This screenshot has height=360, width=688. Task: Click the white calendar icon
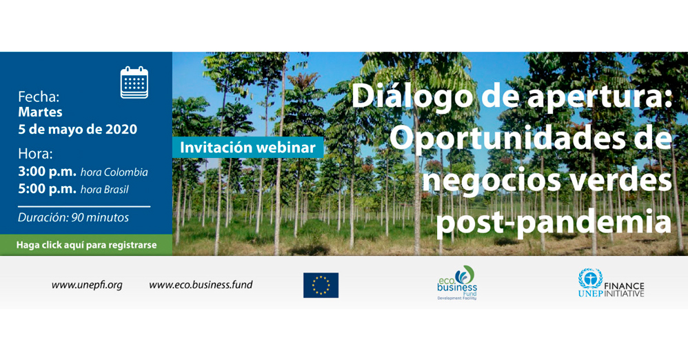[x=134, y=82]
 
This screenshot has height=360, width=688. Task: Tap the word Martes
[x=40, y=112]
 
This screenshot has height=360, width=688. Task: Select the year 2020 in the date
[x=121, y=129]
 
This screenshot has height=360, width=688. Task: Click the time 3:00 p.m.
[x=47, y=172]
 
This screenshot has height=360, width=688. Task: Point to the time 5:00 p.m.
[x=47, y=189]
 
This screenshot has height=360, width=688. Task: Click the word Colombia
[x=125, y=172]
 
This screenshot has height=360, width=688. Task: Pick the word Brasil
[x=117, y=190]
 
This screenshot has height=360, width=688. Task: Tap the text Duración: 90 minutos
[x=73, y=217]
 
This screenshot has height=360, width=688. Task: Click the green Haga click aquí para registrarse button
[x=86, y=245]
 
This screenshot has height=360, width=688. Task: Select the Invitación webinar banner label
[x=248, y=148]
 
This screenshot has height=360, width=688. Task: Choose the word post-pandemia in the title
[x=554, y=221]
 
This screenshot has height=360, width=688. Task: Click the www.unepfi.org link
[x=87, y=286]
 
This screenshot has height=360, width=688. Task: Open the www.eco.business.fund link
[x=201, y=285]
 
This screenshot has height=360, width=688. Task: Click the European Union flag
[x=321, y=286]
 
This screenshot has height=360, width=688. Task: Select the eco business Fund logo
[x=457, y=283]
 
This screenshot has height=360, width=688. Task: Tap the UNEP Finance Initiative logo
[x=611, y=283]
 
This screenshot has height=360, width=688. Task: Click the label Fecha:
[x=39, y=97]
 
